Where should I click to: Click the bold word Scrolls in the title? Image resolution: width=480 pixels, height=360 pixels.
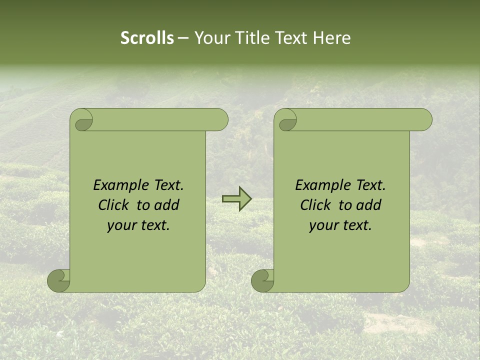coord(147,38)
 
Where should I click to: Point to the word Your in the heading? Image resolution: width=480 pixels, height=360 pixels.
coord(212,38)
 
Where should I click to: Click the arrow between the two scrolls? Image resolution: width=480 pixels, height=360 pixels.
coord(236,199)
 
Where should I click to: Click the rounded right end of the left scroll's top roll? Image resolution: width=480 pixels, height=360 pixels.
coord(220,120)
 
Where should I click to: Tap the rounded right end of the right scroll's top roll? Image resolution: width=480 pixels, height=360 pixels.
coord(424,120)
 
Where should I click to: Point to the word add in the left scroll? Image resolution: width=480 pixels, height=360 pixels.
coord(167,205)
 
